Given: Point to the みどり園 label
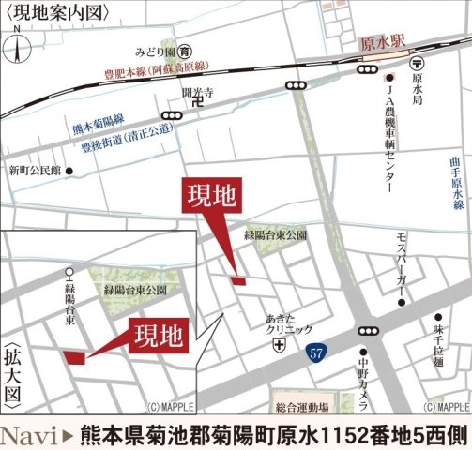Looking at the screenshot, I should point(155,50).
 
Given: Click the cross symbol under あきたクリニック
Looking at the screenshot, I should point(277,345).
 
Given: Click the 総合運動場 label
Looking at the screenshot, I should point(302,407).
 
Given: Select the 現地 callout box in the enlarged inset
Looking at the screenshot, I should point(158,335).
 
